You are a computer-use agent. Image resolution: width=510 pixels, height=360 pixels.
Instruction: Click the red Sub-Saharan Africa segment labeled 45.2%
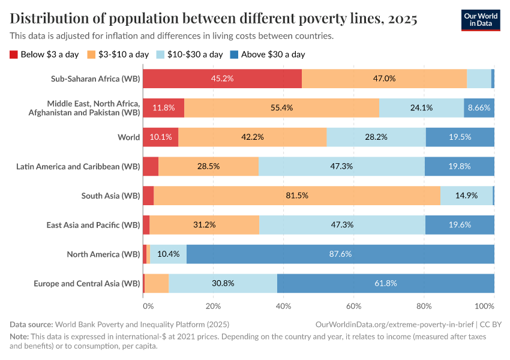(222, 79)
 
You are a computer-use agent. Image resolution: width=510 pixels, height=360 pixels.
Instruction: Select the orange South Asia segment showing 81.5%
(297, 196)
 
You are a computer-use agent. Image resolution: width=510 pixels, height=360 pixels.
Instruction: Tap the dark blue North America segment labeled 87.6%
(340, 254)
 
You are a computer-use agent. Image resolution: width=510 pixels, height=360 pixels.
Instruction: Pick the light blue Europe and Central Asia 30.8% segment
(223, 283)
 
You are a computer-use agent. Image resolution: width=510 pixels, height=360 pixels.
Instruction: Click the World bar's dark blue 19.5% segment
(460, 137)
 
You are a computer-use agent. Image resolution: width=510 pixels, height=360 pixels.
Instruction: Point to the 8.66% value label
(479, 108)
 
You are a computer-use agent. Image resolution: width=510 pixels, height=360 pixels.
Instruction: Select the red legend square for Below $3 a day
(14, 55)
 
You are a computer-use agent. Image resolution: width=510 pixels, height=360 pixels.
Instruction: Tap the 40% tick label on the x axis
(283, 306)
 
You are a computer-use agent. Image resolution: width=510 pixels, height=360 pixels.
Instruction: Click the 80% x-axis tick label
(424, 306)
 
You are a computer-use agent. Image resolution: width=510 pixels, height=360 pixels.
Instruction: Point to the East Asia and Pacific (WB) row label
(93, 225)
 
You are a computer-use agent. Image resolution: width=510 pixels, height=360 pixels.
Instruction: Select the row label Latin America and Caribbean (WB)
(78, 166)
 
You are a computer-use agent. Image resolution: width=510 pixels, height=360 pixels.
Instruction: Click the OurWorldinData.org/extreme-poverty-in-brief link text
(393, 325)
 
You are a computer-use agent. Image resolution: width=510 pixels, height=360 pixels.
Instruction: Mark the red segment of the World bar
(160, 137)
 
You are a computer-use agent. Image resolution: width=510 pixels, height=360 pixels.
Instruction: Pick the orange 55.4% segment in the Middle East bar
(281, 108)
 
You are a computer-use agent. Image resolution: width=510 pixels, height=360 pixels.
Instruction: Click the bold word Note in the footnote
(19, 337)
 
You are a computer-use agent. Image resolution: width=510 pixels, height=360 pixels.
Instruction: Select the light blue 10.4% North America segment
(168, 254)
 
